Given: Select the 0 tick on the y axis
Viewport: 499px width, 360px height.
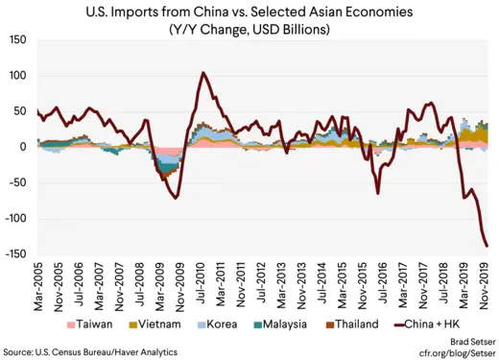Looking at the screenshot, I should click(27, 148).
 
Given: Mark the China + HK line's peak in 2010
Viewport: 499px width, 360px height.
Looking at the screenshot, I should click(202, 73).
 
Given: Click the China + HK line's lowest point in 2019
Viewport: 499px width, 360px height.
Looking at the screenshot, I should click(487, 247).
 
